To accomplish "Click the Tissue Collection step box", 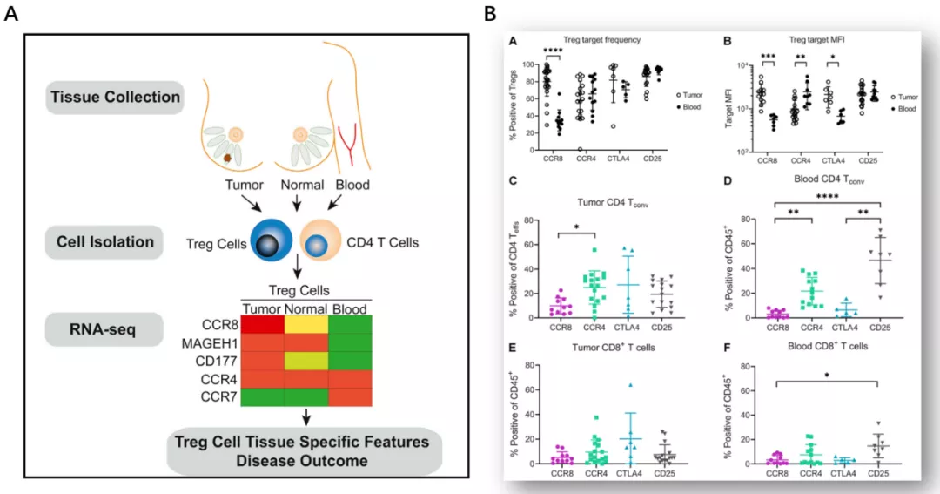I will pyautogui.click(x=115, y=97).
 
